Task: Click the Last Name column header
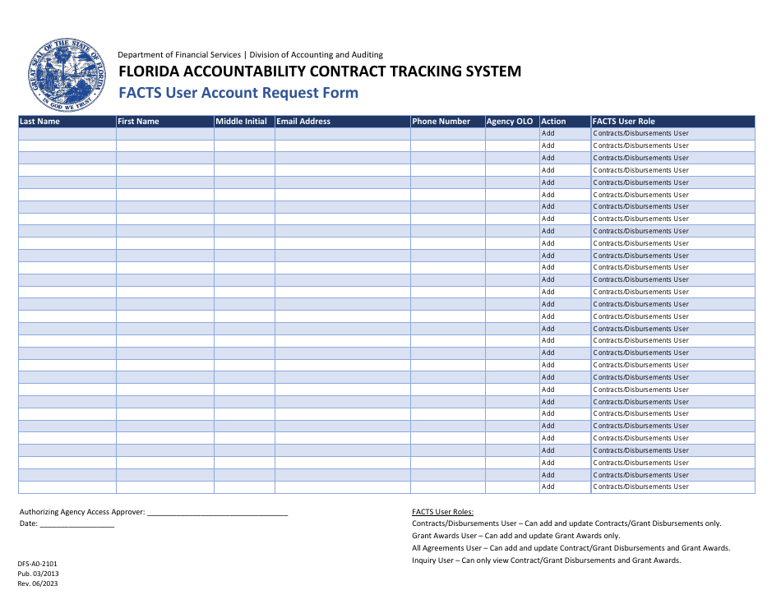pos(39,122)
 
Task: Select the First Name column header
pos(138,122)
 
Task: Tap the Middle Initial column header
pos(241,122)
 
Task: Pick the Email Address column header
pos(303,122)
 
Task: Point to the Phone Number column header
pos(441,122)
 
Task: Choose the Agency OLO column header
pos(510,122)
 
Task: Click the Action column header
pos(553,122)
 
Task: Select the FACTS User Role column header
pos(624,122)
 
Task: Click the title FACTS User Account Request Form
pos(238,93)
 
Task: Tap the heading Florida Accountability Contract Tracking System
pos(320,71)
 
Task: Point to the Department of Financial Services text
pos(180,55)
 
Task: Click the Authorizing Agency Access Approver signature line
pos(218,512)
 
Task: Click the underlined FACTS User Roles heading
pos(442,512)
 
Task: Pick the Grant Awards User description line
pos(515,536)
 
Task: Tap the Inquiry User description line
pos(546,560)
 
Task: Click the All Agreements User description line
pos(571,548)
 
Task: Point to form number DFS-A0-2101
pos(38,564)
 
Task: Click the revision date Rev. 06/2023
pos(38,583)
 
